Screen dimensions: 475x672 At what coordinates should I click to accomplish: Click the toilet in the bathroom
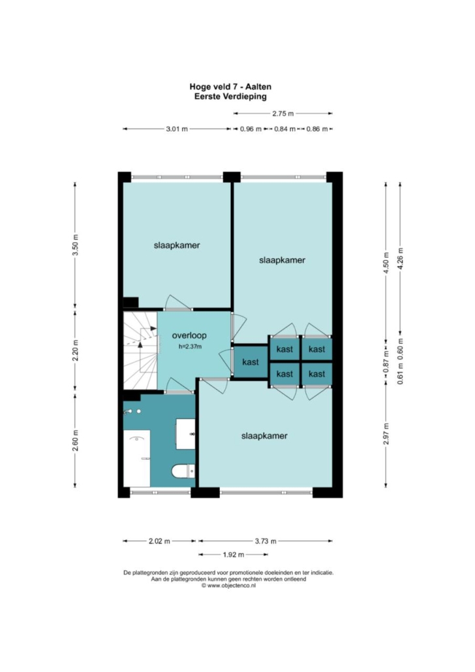183,472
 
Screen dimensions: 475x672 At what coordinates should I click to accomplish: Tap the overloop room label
189,335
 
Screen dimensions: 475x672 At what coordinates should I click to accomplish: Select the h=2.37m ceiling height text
190,346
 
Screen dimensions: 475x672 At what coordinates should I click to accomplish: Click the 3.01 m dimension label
177,129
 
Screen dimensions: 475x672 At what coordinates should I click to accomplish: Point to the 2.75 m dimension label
283,114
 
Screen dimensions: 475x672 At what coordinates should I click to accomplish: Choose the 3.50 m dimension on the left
76,245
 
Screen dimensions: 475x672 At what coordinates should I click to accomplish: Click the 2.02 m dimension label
159,541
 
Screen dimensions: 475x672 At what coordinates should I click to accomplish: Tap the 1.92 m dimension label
233,555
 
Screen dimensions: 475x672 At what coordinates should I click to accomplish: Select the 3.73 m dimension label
266,541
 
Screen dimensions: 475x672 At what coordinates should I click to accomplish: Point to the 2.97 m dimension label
386,434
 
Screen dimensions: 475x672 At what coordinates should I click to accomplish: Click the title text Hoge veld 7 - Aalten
230,87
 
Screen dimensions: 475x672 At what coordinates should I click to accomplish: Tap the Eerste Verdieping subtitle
230,97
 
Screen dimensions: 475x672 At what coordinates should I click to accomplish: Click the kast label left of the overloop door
251,362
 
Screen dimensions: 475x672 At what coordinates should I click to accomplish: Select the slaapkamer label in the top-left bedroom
177,245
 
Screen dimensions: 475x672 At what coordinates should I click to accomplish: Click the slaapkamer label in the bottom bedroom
264,436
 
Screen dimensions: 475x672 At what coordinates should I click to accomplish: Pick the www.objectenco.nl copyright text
228,585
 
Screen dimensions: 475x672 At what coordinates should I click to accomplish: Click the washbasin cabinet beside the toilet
185,434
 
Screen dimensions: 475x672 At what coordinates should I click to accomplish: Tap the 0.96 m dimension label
251,129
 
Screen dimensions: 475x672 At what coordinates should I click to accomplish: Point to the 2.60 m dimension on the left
76,440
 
